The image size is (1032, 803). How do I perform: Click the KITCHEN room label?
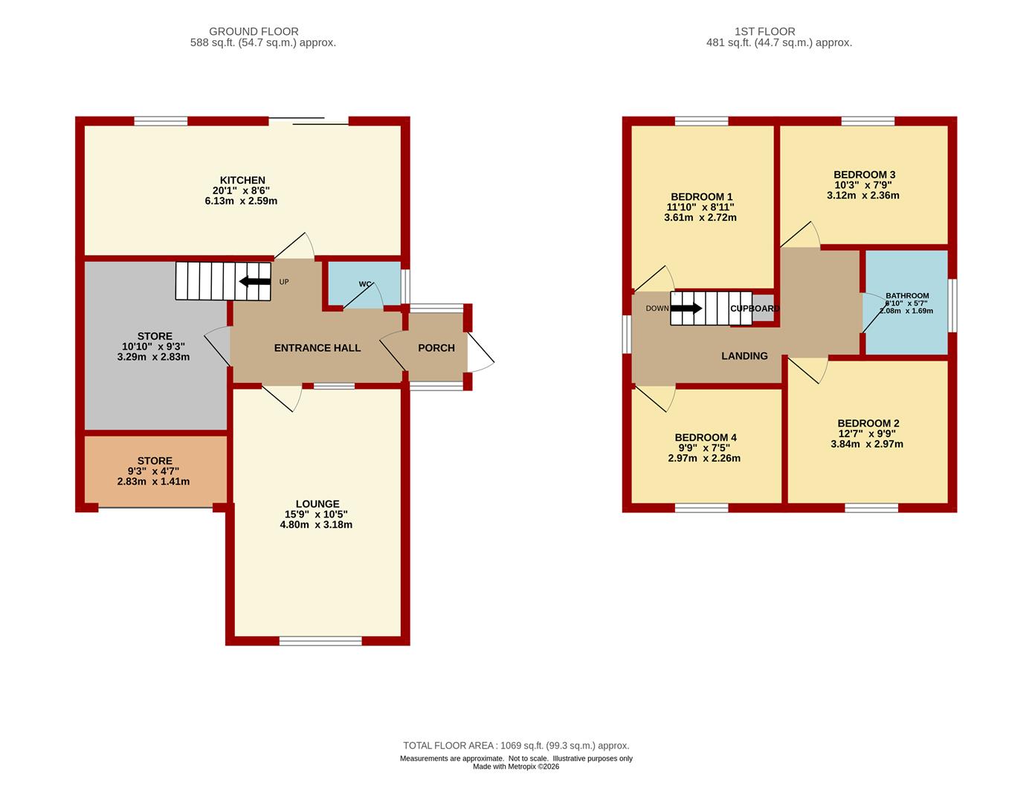[242, 181]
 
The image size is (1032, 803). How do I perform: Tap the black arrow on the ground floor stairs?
[255, 282]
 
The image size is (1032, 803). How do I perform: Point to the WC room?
[364, 284]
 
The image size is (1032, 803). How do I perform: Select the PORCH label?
[436, 348]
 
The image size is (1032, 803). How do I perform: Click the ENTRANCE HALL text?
[317, 348]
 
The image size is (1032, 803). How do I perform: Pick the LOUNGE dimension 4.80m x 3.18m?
[316, 525]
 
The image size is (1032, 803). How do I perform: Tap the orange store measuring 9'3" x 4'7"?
[155, 471]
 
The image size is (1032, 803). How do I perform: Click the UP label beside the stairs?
[284, 282]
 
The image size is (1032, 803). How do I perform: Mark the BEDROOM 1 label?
[701, 196]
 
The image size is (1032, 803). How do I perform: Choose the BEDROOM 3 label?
[865, 175]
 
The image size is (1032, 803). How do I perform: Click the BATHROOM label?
[907, 295]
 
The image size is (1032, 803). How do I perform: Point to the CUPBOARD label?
[755, 309]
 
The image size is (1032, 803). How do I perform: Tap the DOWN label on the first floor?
[657, 309]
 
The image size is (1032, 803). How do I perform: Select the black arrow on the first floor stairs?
[686, 309]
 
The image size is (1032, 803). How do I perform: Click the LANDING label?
[744, 356]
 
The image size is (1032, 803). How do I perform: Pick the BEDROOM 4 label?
[706, 437]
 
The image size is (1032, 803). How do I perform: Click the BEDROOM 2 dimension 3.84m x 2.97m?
[867, 445]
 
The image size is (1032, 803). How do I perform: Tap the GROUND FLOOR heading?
[254, 31]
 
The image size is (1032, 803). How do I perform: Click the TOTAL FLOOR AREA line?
[516, 746]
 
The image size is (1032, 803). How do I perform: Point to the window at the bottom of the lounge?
[320, 642]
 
